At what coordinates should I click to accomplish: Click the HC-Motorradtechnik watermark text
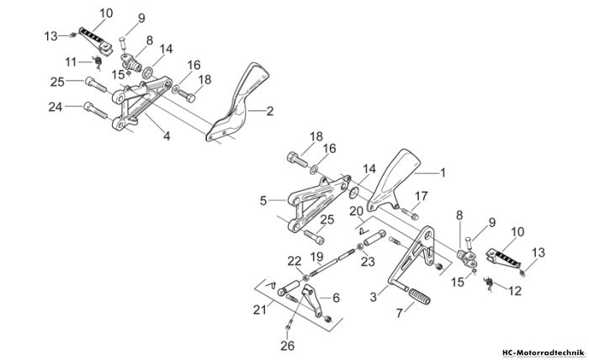point(544,353)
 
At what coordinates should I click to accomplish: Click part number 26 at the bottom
point(288,346)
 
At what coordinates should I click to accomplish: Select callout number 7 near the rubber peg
point(400,312)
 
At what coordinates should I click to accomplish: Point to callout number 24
point(56,107)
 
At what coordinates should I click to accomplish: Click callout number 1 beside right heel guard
point(443,172)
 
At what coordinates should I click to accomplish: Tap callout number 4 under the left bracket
point(167,136)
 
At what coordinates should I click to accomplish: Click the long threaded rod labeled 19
point(333,258)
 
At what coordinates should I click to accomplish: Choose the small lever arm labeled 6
point(313,300)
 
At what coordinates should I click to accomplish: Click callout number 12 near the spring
point(515,290)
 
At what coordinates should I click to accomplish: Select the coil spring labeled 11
point(98,62)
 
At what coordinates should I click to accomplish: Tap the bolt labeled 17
point(411,214)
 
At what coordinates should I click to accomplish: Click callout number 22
point(294,262)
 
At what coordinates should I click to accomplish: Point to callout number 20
point(357,211)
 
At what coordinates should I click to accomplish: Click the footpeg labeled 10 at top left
point(96,40)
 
